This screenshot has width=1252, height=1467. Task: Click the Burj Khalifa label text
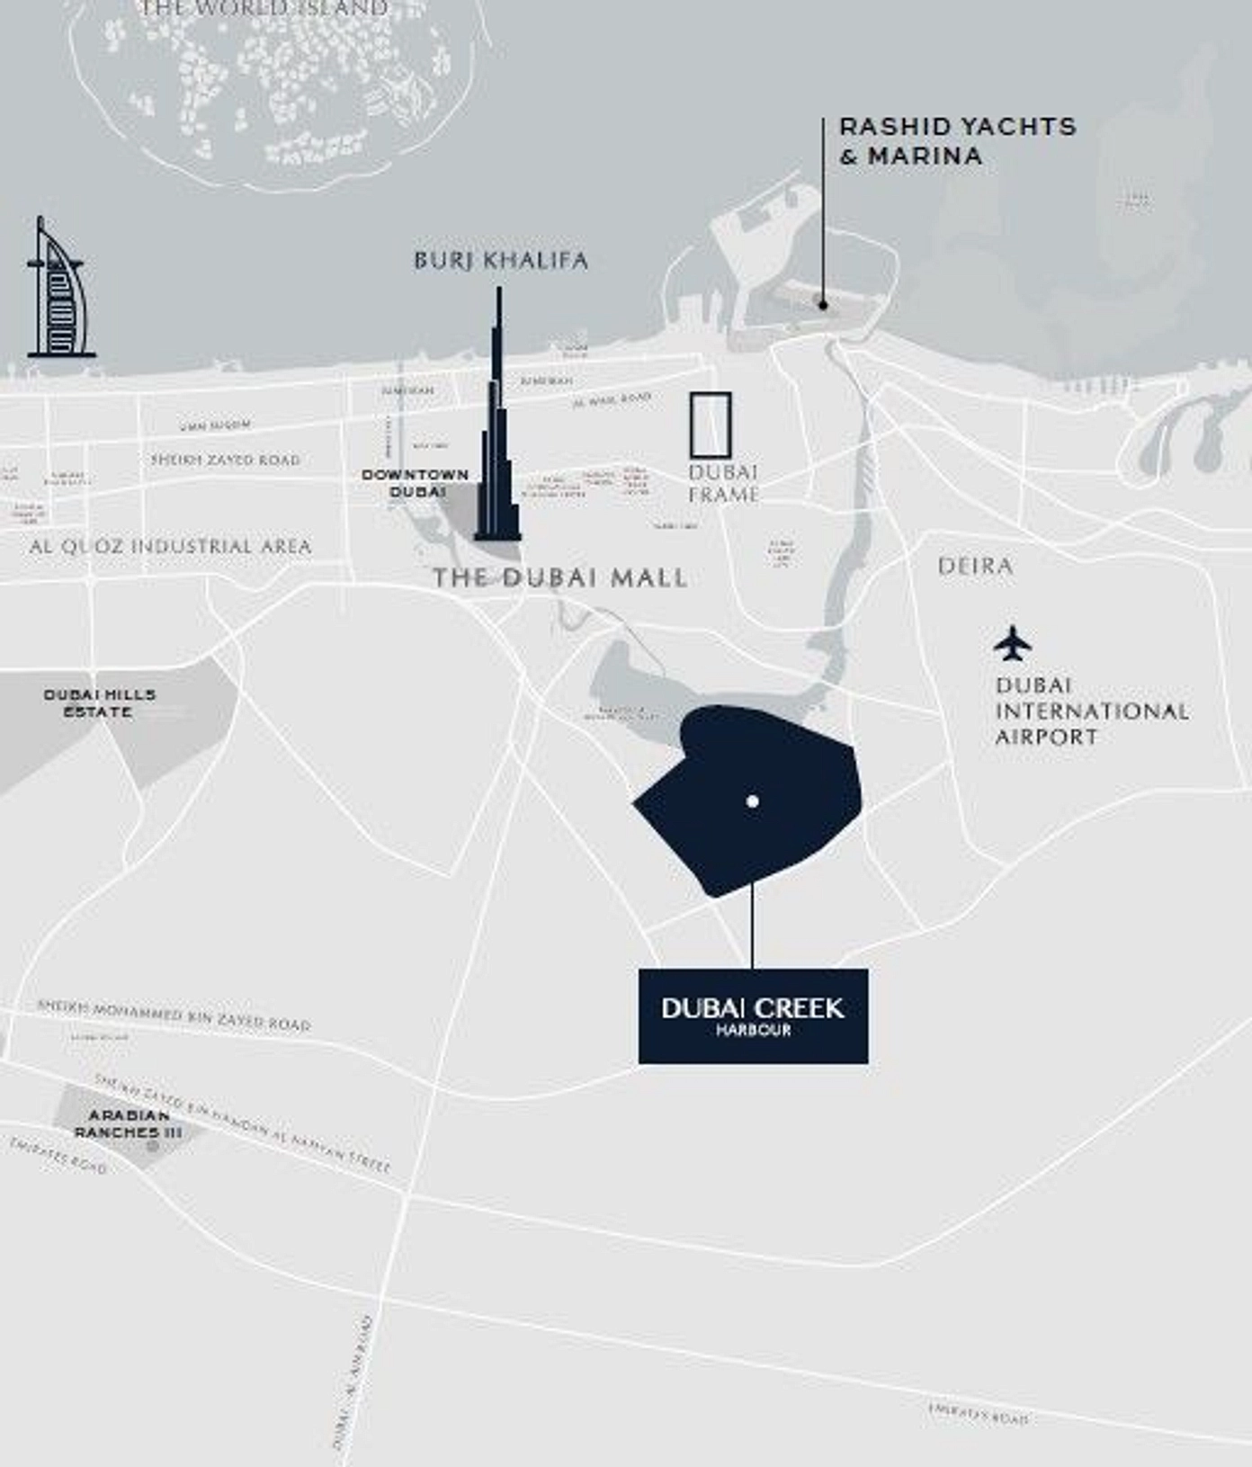tap(500, 261)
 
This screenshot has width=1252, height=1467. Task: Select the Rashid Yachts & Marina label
tap(956, 141)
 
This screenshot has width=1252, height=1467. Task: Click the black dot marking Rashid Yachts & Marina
tap(823, 305)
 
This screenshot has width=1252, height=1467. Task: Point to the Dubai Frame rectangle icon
tap(711, 425)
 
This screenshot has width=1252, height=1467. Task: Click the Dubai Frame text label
tap(723, 483)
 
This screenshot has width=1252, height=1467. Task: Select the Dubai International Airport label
tap(1091, 711)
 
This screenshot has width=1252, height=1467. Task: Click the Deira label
tap(975, 566)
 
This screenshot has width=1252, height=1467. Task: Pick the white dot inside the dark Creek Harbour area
tap(753, 801)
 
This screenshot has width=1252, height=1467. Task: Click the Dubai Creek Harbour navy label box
tap(753, 1016)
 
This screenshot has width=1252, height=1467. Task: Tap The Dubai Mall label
tap(559, 577)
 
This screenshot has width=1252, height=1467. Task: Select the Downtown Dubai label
tap(416, 483)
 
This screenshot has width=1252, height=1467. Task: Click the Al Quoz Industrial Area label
tap(170, 546)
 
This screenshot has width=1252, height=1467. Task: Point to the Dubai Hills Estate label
tap(100, 702)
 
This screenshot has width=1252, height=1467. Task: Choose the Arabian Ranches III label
tap(128, 1124)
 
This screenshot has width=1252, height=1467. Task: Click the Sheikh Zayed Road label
tap(226, 460)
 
